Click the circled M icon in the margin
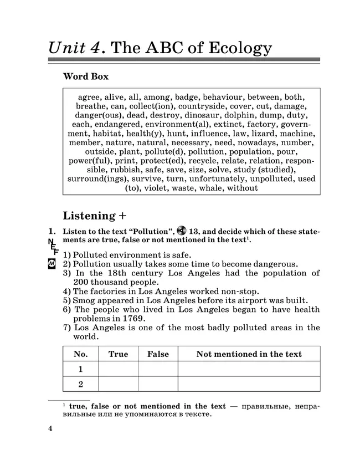[x=52, y=264]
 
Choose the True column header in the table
[x=118, y=354]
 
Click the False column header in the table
[x=158, y=354]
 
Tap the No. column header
[x=80, y=354]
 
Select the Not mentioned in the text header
[x=249, y=354]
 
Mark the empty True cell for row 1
[x=118, y=369]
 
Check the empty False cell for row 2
[x=158, y=384]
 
